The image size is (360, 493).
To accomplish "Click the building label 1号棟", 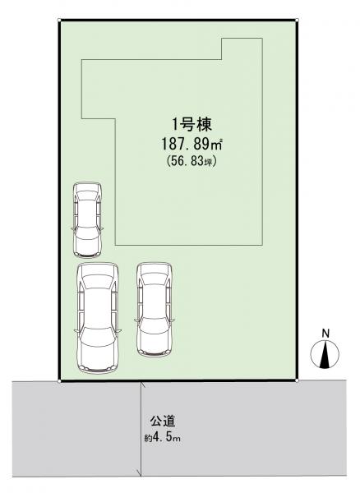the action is click(x=192, y=125).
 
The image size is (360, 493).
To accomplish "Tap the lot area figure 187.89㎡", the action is click(x=192, y=145).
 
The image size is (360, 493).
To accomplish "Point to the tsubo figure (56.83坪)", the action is click(x=192, y=161).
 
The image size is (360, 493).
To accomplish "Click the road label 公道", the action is click(x=162, y=422).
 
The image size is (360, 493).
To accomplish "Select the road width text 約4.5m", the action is click(x=162, y=438).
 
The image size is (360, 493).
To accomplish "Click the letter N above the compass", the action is click(x=325, y=334).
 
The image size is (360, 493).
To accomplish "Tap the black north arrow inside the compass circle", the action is click(x=325, y=355).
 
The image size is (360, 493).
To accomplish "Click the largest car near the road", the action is click(x=98, y=318).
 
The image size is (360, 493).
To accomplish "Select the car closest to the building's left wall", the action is click(x=87, y=219).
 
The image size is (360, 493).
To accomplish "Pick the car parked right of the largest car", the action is click(x=155, y=310).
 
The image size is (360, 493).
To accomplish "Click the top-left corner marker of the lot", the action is click(x=59, y=20).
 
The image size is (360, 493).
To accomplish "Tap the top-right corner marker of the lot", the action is click(x=297, y=20).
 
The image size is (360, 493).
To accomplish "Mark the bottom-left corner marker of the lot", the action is click(x=59, y=381).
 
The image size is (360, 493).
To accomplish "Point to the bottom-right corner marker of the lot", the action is click(x=297, y=380).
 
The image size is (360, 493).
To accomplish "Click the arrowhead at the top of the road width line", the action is click(x=142, y=384).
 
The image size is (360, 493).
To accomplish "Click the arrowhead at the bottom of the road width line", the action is click(x=139, y=472).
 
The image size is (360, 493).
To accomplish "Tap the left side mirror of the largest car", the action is click(x=76, y=330).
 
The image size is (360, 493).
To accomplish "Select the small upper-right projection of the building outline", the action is click(x=242, y=49).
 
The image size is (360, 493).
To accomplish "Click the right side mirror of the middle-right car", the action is click(x=173, y=320).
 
